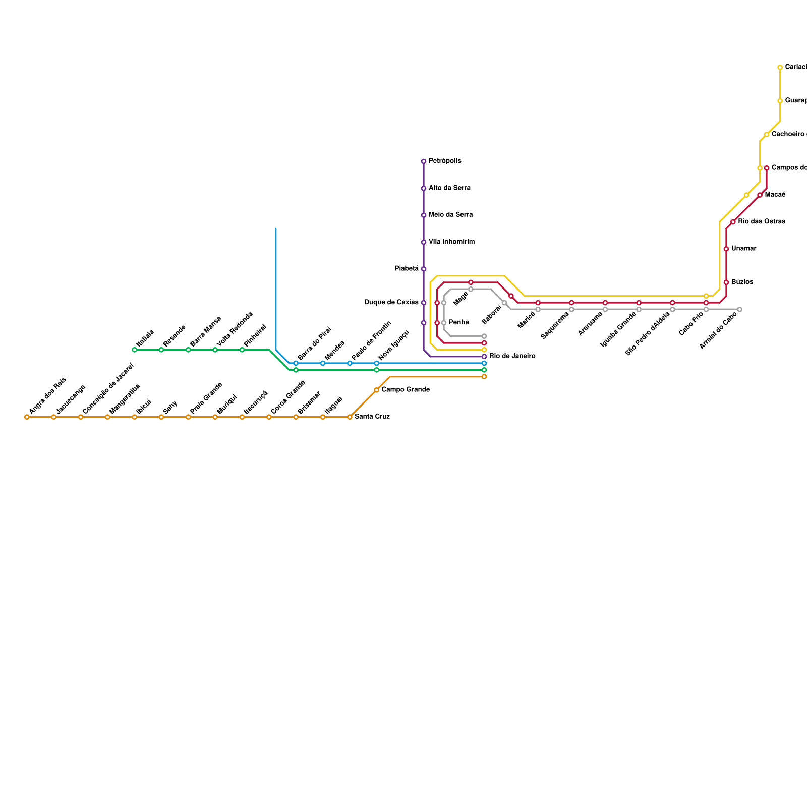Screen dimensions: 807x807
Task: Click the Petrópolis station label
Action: (x=445, y=161)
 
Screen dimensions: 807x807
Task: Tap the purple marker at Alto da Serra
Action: (x=424, y=188)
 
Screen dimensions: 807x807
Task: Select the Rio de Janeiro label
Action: (x=512, y=356)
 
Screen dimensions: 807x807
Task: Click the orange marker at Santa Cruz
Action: (x=350, y=417)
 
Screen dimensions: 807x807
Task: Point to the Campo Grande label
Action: (x=406, y=390)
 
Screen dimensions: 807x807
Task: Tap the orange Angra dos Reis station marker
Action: (x=27, y=417)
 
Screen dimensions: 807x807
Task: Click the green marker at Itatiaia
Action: (x=134, y=350)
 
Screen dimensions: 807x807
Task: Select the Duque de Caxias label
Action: (x=391, y=303)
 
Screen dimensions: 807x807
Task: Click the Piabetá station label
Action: (x=407, y=269)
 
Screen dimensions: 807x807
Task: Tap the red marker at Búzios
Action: (x=726, y=282)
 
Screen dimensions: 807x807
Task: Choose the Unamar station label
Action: (x=743, y=249)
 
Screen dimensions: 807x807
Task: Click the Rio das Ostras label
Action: (x=762, y=222)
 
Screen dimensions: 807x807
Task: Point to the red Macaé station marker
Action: (x=760, y=195)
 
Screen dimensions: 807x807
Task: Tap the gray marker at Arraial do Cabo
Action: (x=739, y=309)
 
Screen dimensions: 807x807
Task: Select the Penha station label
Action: (x=459, y=323)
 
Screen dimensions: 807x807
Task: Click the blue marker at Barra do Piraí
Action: (x=296, y=363)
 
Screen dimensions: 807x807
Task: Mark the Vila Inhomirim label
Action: (x=451, y=242)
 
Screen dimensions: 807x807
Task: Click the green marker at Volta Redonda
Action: (x=215, y=350)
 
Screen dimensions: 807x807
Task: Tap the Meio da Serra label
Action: (x=450, y=215)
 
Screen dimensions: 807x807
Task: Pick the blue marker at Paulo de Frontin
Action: (x=350, y=363)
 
